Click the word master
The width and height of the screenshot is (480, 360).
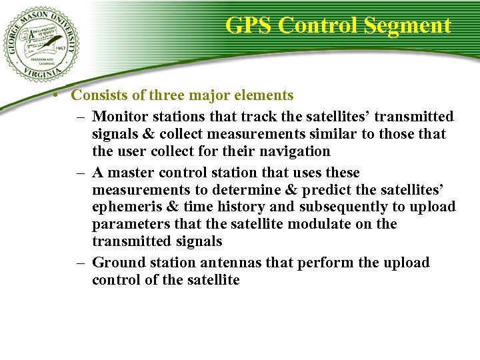pos(131,173)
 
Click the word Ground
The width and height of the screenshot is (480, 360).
pos(116,263)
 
